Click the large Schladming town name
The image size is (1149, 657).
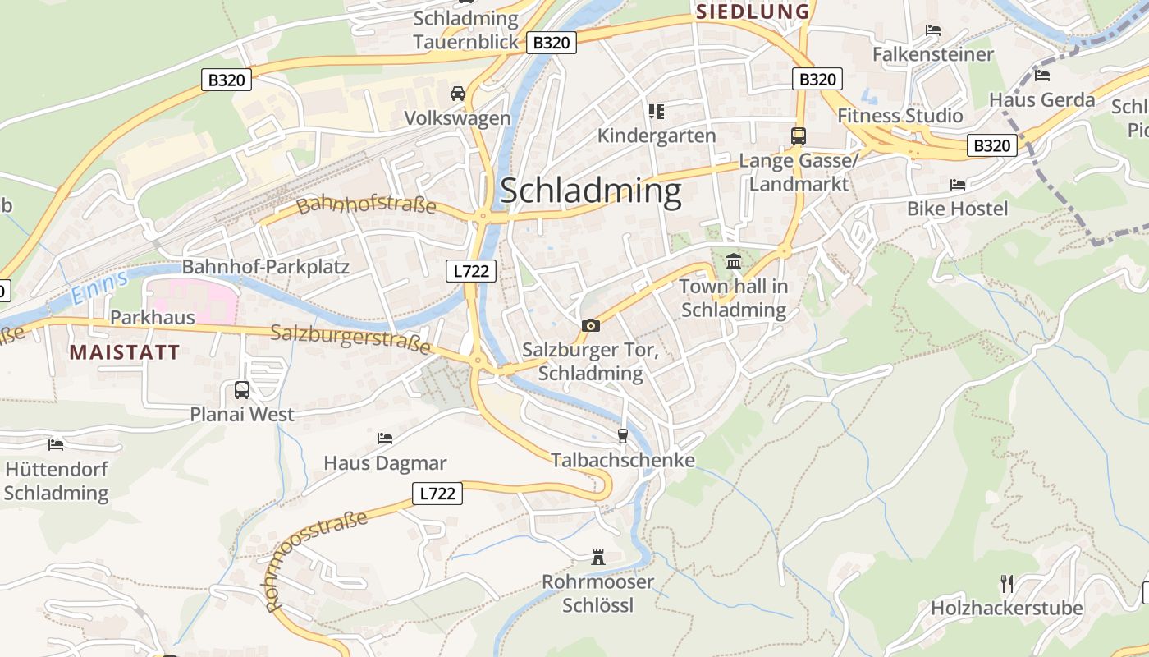(x=590, y=191)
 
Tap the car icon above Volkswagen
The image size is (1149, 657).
(x=458, y=94)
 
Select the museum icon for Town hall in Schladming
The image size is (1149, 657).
(x=734, y=262)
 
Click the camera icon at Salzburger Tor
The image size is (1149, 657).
(x=590, y=326)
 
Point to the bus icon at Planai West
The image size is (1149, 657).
(x=242, y=390)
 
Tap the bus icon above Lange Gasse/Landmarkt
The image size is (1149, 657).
(x=799, y=136)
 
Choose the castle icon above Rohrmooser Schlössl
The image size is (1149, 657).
(x=598, y=558)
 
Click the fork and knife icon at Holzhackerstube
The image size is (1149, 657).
(x=1006, y=584)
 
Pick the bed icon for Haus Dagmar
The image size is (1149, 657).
(x=384, y=439)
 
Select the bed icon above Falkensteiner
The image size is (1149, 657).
(x=933, y=30)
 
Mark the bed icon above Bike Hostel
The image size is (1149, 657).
(x=957, y=185)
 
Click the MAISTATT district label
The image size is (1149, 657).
(x=125, y=353)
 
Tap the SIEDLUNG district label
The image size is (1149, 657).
(x=753, y=11)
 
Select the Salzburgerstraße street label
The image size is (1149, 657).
(x=350, y=338)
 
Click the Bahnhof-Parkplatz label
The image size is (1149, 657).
(x=266, y=267)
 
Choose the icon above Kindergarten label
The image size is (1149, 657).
(x=656, y=111)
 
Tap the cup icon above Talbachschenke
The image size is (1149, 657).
(x=622, y=435)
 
